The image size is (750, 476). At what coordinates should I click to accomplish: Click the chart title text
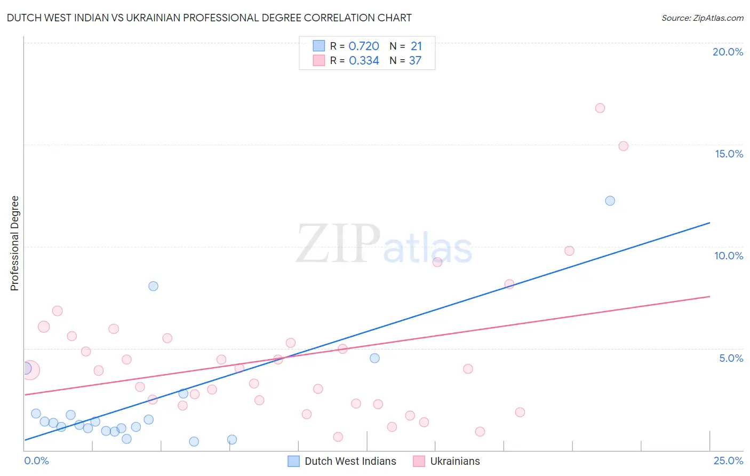(x=209, y=18)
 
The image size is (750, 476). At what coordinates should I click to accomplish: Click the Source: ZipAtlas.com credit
(x=702, y=18)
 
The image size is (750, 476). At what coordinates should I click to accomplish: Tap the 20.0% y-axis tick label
(x=728, y=52)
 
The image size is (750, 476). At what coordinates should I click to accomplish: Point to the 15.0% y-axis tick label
(x=729, y=154)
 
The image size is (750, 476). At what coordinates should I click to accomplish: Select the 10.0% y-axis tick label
(x=729, y=256)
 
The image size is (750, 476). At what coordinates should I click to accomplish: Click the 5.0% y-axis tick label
(x=731, y=358)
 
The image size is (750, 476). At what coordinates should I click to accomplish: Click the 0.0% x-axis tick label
(x=36, y=461)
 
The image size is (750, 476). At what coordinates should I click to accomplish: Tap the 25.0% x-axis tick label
(x=728, y=461)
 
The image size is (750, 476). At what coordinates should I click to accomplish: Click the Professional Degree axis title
(x=14, y=243)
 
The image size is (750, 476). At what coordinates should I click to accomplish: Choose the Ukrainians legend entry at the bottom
(x=454, y=461)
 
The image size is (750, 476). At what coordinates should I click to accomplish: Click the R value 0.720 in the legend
(x=364, y=46)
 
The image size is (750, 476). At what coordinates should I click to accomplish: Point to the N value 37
(x=415, y=61)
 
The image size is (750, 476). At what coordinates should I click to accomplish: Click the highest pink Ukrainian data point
(x=600, y=108)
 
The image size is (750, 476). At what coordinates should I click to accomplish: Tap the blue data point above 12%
(x=610, y=201)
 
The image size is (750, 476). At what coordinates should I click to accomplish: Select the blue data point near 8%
(x=153, y=286)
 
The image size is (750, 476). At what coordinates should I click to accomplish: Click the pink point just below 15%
(x=623, y=146)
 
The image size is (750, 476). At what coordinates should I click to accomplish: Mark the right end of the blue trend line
(x=709, y=223)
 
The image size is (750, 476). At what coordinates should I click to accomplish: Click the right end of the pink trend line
(x=709, y=296)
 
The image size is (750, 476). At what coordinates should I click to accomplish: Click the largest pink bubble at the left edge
(x=30, y=370)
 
